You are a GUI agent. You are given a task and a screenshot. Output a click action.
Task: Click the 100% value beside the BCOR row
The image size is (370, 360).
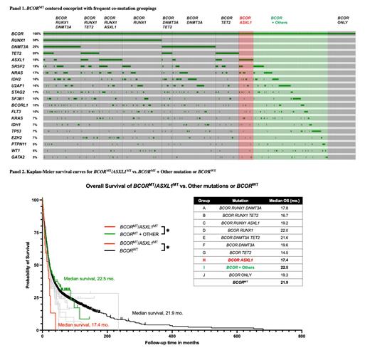35,34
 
